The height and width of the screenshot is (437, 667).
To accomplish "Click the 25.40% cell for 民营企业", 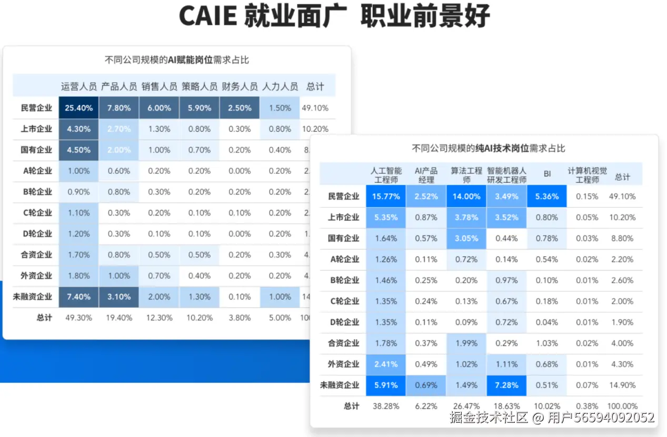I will tap(79, 108).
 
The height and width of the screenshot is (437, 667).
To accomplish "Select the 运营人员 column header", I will tap(79, 86).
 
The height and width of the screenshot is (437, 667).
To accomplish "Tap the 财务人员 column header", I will tap(240, 86).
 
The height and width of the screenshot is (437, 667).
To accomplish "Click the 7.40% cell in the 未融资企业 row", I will tap(79, 297).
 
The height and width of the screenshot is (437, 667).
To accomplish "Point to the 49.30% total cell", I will tap(79, 318).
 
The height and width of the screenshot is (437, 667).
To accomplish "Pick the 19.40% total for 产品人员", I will tap(119, 318).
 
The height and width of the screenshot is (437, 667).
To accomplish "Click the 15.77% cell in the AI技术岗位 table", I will tap(386, 196).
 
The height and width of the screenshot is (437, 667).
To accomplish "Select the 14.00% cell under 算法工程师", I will tap(466, 196).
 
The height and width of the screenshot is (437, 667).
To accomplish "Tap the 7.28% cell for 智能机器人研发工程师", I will tap(506, 385).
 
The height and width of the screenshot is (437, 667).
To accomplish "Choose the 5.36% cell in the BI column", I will tap(547, 196).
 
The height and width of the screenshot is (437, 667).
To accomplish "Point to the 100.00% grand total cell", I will tap(622, 406).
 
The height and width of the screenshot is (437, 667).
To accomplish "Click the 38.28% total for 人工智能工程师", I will tap(386, 406).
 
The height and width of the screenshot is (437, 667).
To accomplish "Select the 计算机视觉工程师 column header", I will tap(587, 175).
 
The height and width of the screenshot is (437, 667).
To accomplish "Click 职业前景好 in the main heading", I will tap(425, 16).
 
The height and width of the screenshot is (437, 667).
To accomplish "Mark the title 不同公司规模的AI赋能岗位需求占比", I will tap(177, 60).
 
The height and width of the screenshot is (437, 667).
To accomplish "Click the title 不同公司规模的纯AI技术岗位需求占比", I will tap(488, 148).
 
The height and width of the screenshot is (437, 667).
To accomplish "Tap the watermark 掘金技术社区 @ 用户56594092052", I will tap(552, 418).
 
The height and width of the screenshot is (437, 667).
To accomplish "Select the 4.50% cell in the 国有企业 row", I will tap(79, 150).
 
